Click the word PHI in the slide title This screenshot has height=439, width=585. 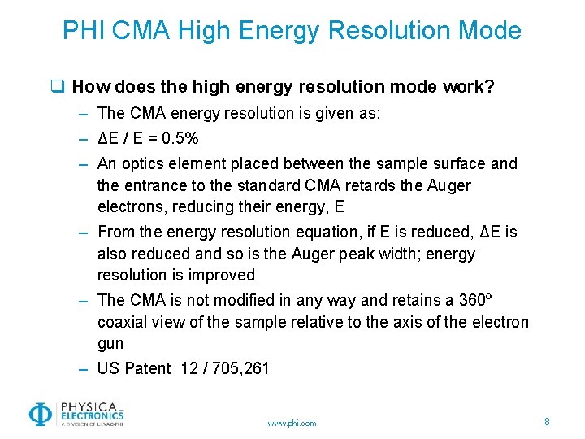(x=84, y=31)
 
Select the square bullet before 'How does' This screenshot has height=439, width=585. (x=58, y=86)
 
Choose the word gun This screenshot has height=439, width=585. (x=110, y=344)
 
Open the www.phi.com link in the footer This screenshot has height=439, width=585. (x=292, y=423)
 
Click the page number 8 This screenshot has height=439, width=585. (x=547, y=422)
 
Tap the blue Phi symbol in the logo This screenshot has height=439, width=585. (x=39, y=415)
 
